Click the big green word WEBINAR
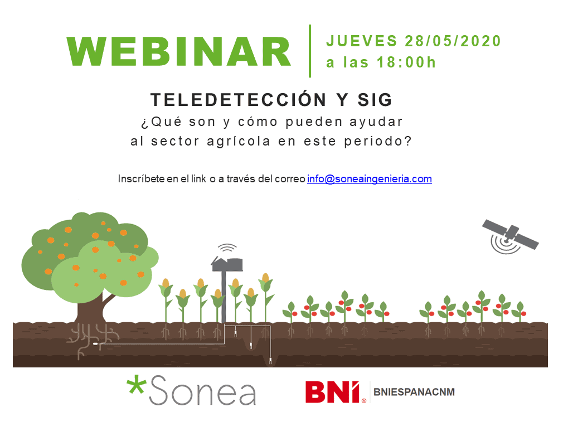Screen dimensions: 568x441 coord(178,51)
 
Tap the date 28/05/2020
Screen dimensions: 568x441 coord(453,41)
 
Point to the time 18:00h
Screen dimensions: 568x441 coord(406,62)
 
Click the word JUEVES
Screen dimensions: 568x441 coord(362,41)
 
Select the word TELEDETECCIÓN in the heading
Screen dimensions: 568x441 coord(239,99)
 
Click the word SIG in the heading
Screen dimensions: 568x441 coord(375,100)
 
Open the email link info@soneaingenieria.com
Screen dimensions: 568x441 coord(370,179)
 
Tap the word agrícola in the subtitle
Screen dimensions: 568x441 coord(239,142)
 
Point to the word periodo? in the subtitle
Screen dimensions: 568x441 coord(378,141)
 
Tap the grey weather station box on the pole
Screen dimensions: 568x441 coord(227,264)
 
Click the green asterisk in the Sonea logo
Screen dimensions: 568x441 coord(136,386)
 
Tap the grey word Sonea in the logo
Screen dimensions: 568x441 coord(202,391)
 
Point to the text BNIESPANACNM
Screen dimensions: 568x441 coord(414,392)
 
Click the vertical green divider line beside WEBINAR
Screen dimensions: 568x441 coord(310,51)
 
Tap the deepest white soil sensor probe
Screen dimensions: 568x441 coord(270,361)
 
